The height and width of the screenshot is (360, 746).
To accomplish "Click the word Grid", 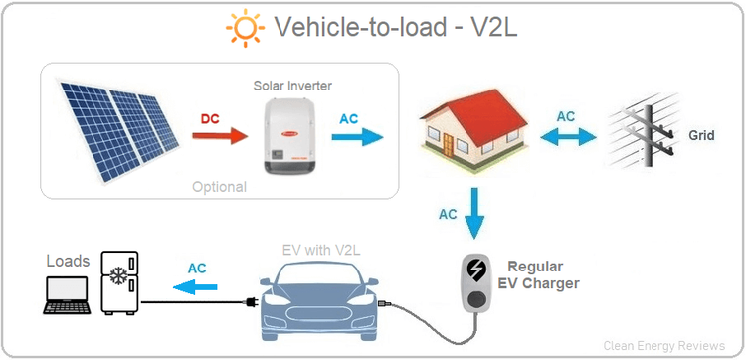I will (700, 132).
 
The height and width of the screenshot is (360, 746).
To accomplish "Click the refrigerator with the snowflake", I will (121, 282).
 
